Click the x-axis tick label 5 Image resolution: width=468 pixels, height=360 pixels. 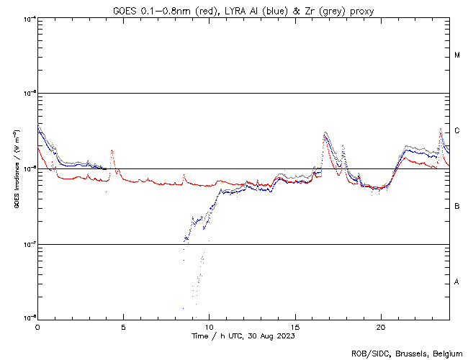tap(123, 326)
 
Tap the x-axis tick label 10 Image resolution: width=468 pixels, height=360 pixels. tap(209, 326)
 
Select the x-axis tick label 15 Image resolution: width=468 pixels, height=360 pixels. tap(295, 326)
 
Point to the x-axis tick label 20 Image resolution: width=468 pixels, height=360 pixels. tap(381, 326)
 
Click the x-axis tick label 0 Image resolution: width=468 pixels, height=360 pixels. tap(37, 326)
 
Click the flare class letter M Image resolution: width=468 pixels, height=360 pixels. tap(457, 55)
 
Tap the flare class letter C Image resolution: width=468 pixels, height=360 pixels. tap(457, 131)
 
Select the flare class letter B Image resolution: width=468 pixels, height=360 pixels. tap(457, 207)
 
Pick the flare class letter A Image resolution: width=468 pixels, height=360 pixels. tap(457, 282)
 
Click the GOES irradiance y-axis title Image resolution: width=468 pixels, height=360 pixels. tap(15, 169)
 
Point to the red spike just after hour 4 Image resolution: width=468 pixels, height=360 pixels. tap(112, 150)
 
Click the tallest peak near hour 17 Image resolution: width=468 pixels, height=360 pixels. tap(326, 132)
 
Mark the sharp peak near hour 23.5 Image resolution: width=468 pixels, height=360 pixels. tap(441, 129)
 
